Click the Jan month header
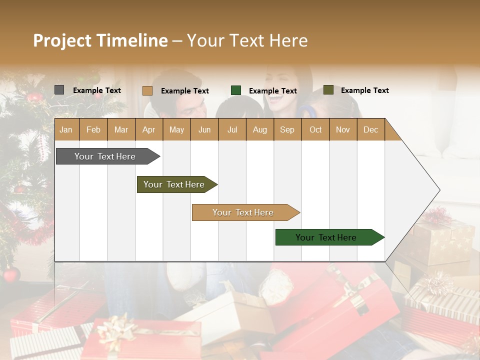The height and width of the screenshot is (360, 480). [x=66, y=129]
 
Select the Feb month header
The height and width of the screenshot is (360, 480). [x=93, y=129]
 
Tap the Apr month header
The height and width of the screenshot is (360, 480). [x=148, y=129]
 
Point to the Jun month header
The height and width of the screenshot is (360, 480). [x=204, y=129]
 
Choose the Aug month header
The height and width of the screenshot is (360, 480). [x=259, y=129]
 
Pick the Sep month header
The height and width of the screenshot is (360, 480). [x=287, y=129]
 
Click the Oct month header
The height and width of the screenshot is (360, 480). [x=315, y=129]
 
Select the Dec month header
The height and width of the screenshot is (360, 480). [x=370, y=129]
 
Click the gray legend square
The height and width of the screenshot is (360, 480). [x=59, y=90]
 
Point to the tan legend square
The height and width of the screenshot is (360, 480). [x=147, y=90]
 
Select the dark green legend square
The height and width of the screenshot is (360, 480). [x=236, y=90]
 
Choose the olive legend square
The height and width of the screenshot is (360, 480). [x=328, y=90]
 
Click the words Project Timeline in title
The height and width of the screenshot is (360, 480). [x=100, y=40]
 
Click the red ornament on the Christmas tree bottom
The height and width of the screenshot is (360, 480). [x=11, y=274]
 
